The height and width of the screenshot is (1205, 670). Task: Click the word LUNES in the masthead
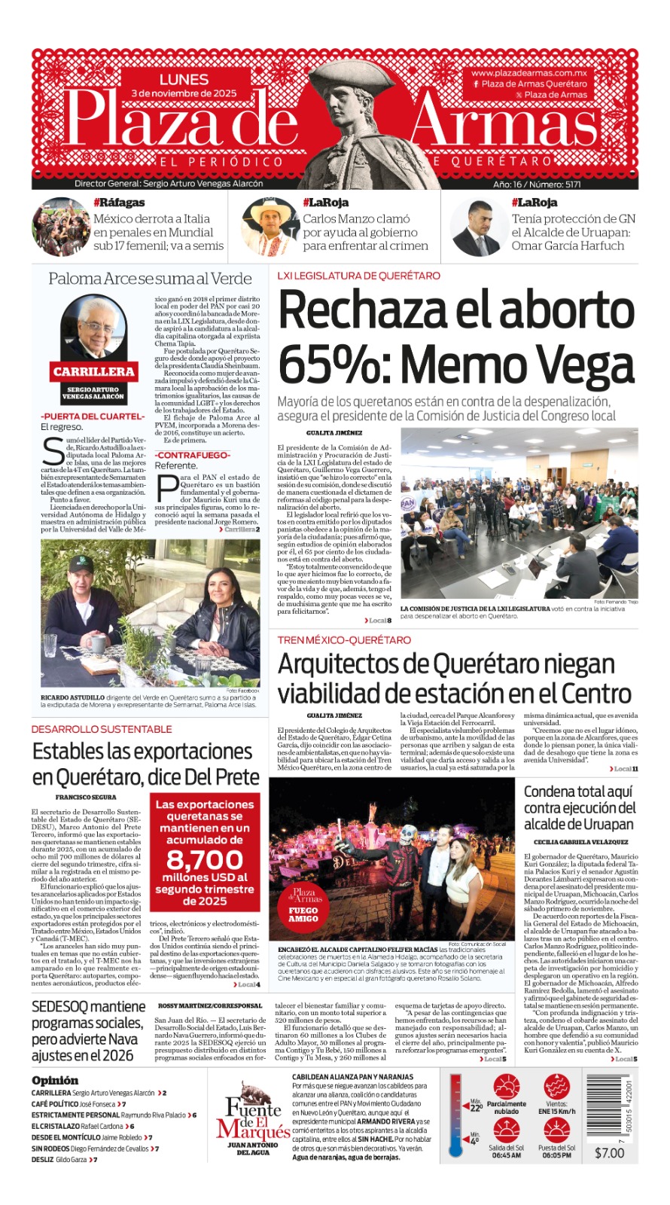pos(183,79)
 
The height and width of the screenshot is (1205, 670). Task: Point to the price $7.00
pos(609,1153)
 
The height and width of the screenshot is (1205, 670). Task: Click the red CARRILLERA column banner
pos(93,371)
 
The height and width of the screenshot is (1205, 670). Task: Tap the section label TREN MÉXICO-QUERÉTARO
pos(344,640)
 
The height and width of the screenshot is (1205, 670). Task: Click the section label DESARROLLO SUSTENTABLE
pos(102,729)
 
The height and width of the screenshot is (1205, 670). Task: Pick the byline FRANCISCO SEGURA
pos(85,797)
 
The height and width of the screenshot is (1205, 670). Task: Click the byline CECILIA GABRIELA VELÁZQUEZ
pos(580,842)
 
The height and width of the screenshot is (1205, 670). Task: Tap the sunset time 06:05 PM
pos(556,1155)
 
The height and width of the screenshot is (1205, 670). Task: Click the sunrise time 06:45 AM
pos(507,1155)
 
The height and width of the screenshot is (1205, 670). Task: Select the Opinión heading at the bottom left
pos(55,1080)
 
